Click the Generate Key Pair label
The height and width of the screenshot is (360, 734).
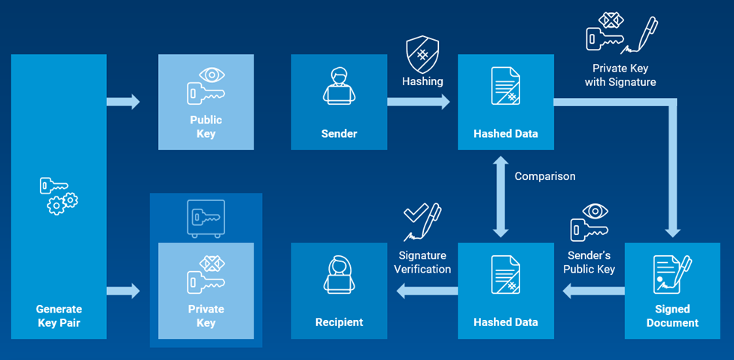click(x=59, y=316)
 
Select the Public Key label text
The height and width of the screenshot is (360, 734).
click(x=206, y=127)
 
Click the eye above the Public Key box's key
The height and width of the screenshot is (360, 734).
click(x=213, y=75)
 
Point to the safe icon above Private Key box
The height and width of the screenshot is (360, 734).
click(x=206, y=219)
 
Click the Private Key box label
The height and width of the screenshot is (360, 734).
click(x=206, y=316)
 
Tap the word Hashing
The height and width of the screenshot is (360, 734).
click(x=422, y=81)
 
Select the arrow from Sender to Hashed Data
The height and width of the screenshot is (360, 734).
click(x=419, y=101)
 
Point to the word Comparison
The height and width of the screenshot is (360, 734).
click(x=545, y=176)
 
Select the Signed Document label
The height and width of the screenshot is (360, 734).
click(x=672, y=316)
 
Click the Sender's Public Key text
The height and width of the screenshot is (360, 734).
click(x=589, y=263)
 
